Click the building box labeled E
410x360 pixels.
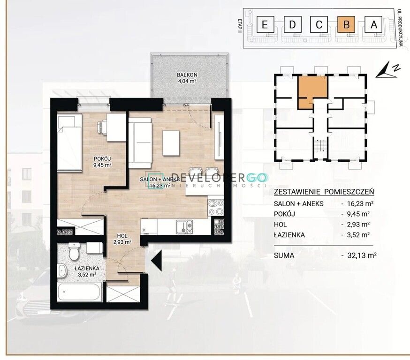[x=265, y=24]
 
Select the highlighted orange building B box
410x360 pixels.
[x=347, y=24]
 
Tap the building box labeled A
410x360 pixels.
[x=374, y=24]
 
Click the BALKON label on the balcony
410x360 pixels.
[x=187, y=75]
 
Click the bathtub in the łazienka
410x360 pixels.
[x=79, y=292]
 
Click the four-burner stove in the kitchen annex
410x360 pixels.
[x=216, y=208]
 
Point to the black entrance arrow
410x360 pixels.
[x=156, y=260]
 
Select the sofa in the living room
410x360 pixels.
[x=140, y=142]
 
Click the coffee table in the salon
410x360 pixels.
[x=171, y=143]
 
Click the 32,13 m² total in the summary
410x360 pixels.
[x=362, y=255]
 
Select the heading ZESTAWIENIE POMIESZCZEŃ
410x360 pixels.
[x=324, y=192]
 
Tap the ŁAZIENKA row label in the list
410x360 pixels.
[x=289, y=234]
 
